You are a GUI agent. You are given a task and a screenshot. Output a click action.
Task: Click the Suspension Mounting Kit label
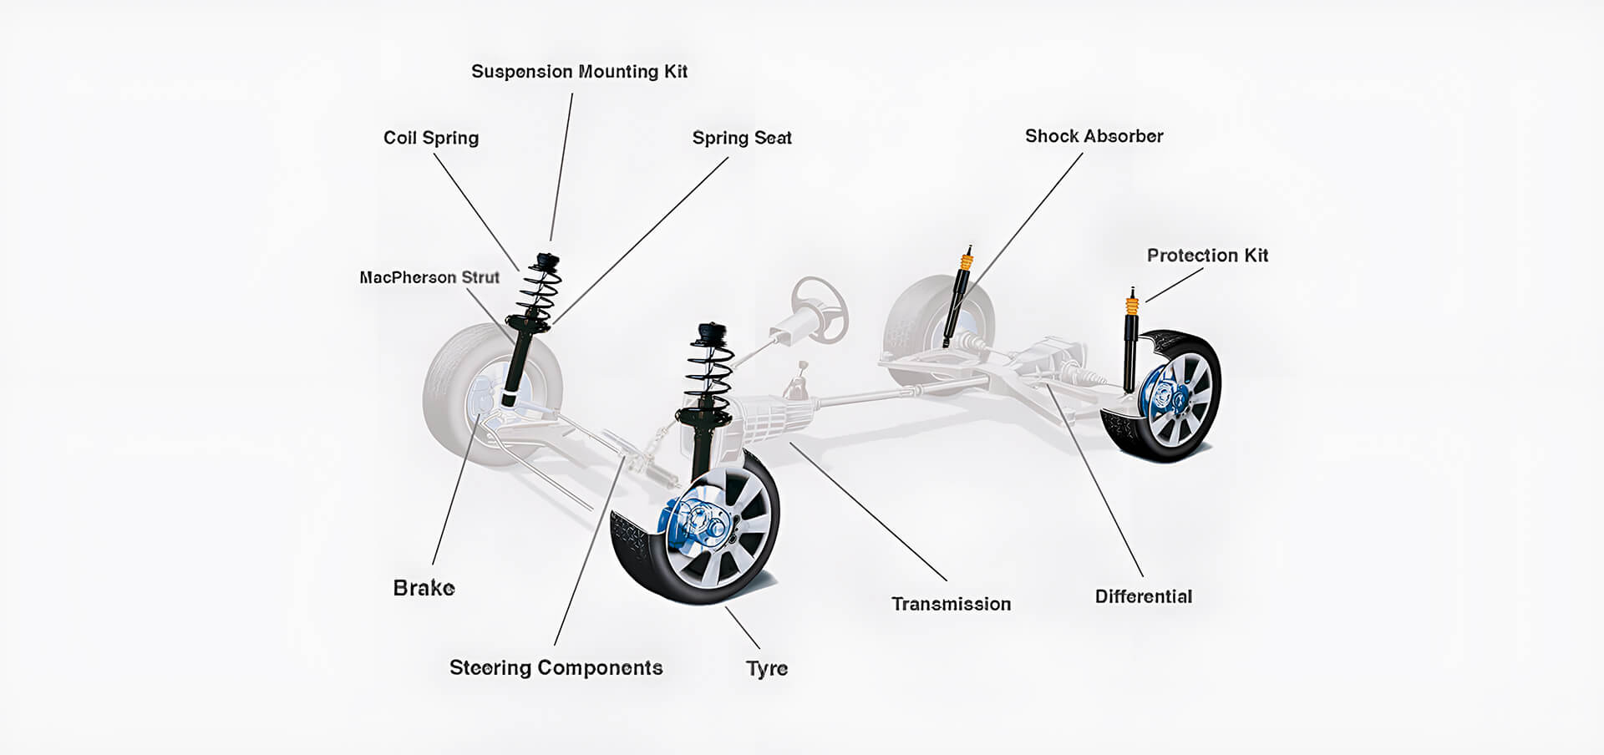[579, 72]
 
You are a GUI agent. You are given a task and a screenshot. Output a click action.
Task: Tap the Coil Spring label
[431, 138]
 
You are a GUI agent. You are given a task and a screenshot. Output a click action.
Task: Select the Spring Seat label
[742, 138]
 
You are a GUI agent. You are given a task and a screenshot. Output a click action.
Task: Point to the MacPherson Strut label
[429, 277]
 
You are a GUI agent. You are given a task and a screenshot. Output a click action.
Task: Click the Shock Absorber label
[1094, 136]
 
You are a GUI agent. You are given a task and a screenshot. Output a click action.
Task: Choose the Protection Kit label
[1207, 256]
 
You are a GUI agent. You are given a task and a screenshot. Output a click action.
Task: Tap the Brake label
[424, 588]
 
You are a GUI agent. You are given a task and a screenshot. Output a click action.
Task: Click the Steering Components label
[556, 668]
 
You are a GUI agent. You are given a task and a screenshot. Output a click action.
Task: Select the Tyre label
[767, 669]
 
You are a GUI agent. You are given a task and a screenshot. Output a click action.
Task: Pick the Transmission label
[951, 604]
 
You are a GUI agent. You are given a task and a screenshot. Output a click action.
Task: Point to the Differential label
[1143, 596]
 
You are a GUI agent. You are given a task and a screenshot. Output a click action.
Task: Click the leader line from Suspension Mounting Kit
[561, 167]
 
